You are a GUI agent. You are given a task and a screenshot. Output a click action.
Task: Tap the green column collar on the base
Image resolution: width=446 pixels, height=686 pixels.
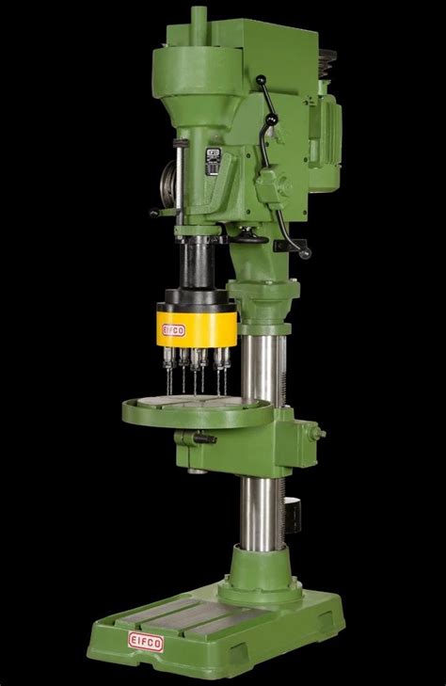tap(254, 583)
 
